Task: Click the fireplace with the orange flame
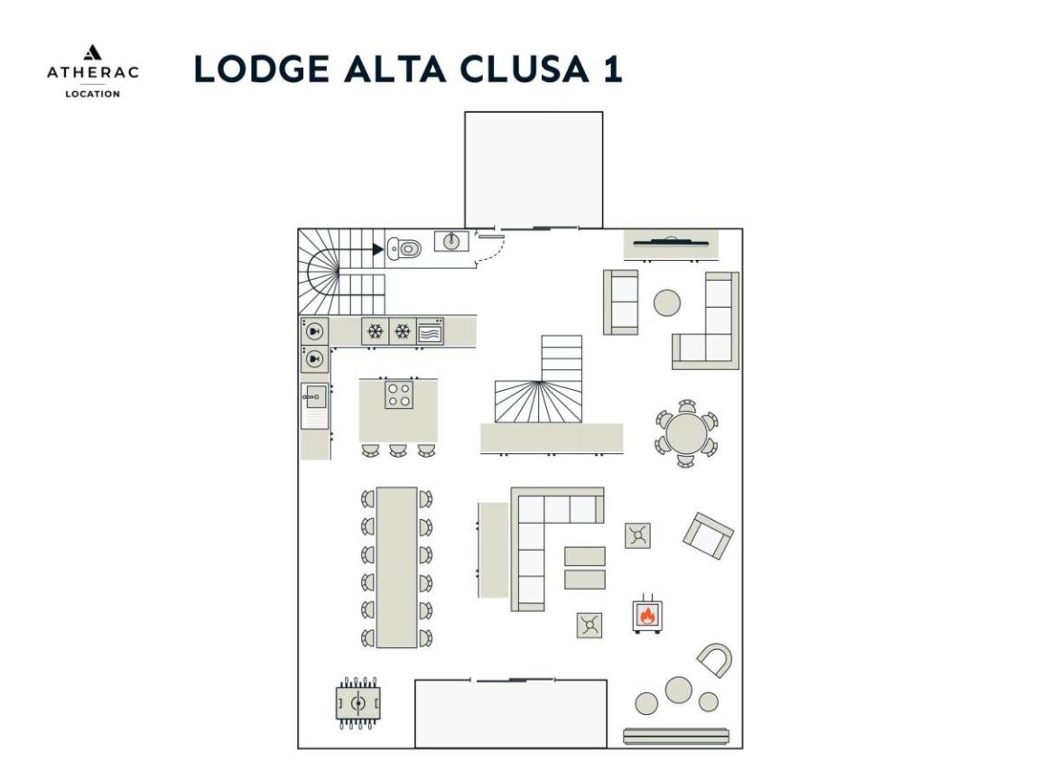(646, 614)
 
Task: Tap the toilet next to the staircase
(404, 248)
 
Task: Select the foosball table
(358, 702)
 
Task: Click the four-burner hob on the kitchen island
(399, 395)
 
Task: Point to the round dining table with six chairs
(687, 434)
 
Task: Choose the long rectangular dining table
(396, 567)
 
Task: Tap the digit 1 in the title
(611, 70)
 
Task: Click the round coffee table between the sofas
(667, 302)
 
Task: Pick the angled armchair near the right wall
(708, 535)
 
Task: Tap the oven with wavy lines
(430, 331)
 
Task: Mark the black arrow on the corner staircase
(377, 249)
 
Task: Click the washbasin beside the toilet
(451, 241)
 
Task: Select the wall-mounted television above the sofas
(670, 241)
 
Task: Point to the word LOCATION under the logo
(92, 93)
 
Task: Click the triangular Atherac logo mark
(92, 52)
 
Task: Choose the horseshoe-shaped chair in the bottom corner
(714, 660)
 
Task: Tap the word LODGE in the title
(247, 70)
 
